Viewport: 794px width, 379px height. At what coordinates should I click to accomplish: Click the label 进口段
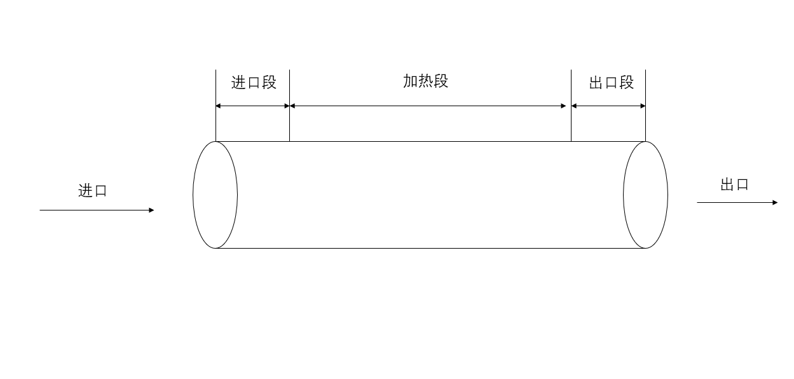pos(254,83)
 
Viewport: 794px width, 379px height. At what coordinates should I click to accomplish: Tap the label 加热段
pos(425,81)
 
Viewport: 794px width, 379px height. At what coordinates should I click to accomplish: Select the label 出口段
pos(611,83)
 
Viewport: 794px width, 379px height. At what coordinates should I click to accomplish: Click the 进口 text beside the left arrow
pos(93,191)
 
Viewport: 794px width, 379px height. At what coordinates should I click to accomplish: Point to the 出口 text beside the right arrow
pos(734,185)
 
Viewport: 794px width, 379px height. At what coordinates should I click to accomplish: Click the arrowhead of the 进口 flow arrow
pos(151,210)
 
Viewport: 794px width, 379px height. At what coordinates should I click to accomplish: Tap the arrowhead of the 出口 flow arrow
pos(775,202)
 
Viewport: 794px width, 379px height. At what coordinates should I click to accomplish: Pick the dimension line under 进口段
pos(252,106)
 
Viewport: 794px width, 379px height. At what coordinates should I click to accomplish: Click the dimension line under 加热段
pos(427,106)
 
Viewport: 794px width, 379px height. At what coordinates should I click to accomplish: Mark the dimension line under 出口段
pos(608,106)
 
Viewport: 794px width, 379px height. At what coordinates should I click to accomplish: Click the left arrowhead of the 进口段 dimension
pos(219,106)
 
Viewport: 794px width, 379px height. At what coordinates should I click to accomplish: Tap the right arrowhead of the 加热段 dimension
pos(563,106)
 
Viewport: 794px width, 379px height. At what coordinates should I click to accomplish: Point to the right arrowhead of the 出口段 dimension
pos(643,106)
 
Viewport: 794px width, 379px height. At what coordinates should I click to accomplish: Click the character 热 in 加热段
pos(426,81)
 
